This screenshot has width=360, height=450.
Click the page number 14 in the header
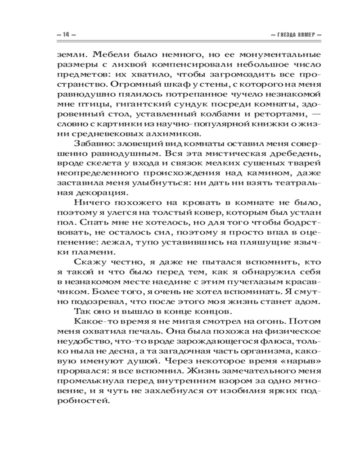[x=65, y=35]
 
